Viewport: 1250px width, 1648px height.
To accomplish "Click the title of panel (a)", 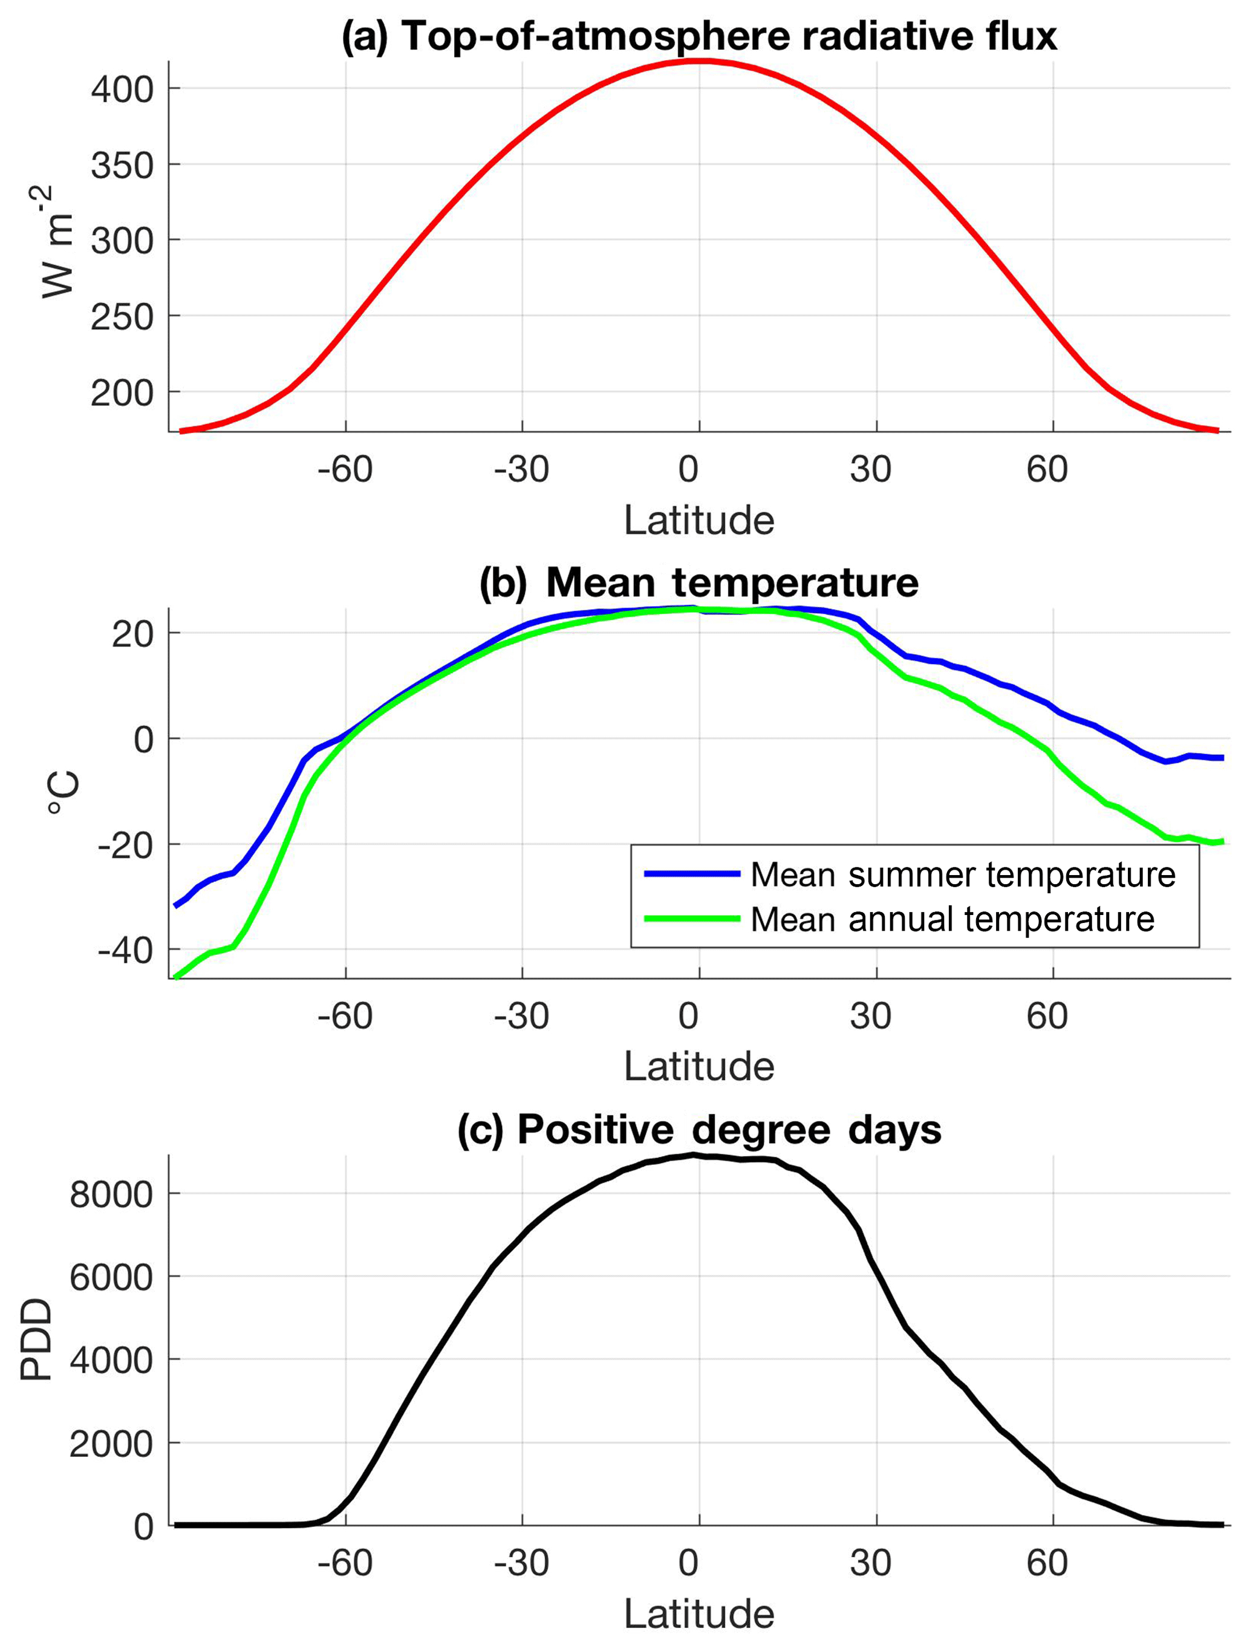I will [698, 36].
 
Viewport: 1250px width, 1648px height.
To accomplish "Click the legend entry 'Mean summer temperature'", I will [963, 874].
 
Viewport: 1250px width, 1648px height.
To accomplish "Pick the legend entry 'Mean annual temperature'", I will [952, 919].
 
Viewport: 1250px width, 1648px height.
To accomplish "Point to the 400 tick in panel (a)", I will [122, 90].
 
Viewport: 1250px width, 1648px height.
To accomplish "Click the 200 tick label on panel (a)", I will [122, 392].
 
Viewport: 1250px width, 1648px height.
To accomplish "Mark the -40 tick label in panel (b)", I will [125, 951].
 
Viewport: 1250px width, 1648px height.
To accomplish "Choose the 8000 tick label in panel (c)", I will [112, 1195].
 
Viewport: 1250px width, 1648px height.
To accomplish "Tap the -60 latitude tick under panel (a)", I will [345, 469].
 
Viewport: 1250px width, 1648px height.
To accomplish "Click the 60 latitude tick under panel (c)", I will [1047, 1562].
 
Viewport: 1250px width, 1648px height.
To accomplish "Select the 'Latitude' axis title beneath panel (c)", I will [698, 1614].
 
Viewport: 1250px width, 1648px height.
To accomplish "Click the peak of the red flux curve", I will [698, 61].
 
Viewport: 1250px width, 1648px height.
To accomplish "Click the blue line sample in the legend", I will [691, 874].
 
